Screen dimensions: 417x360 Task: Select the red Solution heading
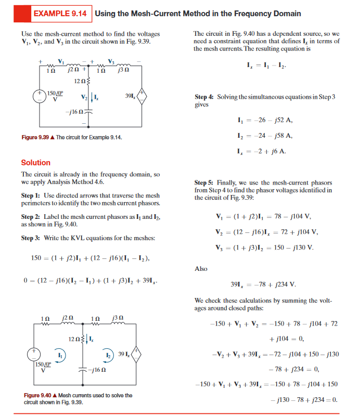[x=36, y=163]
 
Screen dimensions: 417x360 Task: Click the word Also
[x=201, y=269]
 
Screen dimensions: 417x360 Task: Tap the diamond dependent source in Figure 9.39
[x=143, y=96]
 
